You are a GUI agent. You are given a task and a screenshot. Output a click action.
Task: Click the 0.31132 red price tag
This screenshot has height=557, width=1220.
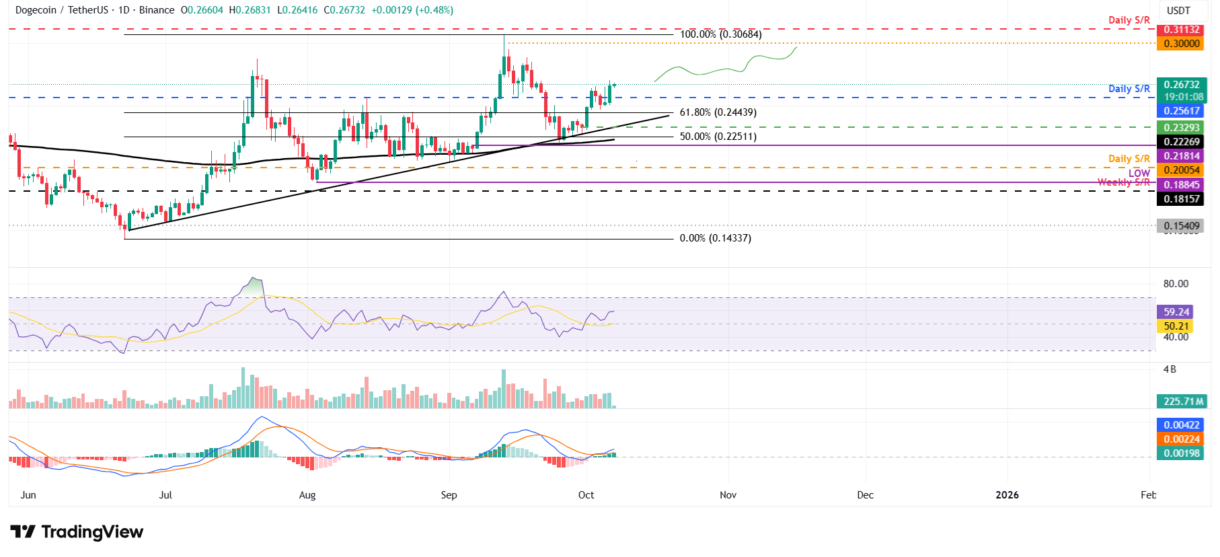click(1182, 30)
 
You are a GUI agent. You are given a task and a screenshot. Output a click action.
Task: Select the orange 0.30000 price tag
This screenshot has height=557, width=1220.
click(1182, 44)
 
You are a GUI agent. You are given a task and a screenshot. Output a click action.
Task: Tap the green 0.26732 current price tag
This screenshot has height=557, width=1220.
click(1182, 85)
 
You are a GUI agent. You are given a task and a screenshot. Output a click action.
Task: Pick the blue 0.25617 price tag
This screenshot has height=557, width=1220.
click(1182, 111)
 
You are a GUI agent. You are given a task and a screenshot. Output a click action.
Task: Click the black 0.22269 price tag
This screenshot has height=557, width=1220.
click(1182, 142)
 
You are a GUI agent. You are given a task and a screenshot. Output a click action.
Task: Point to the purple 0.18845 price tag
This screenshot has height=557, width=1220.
click(1182, 185)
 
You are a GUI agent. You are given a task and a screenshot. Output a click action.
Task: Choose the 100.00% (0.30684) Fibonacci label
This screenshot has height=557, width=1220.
click(720, 34)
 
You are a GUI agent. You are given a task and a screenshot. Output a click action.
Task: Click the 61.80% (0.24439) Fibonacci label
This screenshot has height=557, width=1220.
click(718, 112)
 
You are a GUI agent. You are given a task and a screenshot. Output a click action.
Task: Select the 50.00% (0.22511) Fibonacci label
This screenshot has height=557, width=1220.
click(718, 137)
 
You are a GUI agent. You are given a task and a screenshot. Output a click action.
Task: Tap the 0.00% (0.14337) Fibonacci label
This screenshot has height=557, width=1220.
click(715, 238)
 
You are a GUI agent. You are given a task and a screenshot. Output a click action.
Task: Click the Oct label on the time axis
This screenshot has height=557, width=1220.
click(586, 495)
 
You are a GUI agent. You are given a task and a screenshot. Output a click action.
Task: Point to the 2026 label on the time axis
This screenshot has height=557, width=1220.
click(1007, 495)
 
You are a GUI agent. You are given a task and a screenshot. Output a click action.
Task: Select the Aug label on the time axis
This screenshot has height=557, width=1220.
click(307, 495)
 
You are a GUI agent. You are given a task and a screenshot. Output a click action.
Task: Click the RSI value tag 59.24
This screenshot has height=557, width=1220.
click(1176, 312)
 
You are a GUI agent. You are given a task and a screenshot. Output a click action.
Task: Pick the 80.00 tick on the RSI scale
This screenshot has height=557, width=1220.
click(1176, 284)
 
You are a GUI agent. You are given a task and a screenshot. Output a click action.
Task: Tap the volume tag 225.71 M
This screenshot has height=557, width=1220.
click(1183, 402)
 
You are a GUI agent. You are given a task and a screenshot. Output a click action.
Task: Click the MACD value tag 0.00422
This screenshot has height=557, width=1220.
click(1182, 425)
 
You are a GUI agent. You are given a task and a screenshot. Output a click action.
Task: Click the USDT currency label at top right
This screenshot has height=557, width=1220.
click(1178, 11)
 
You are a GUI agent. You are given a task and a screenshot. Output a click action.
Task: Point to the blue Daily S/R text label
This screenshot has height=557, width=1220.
click(1129, 89)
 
